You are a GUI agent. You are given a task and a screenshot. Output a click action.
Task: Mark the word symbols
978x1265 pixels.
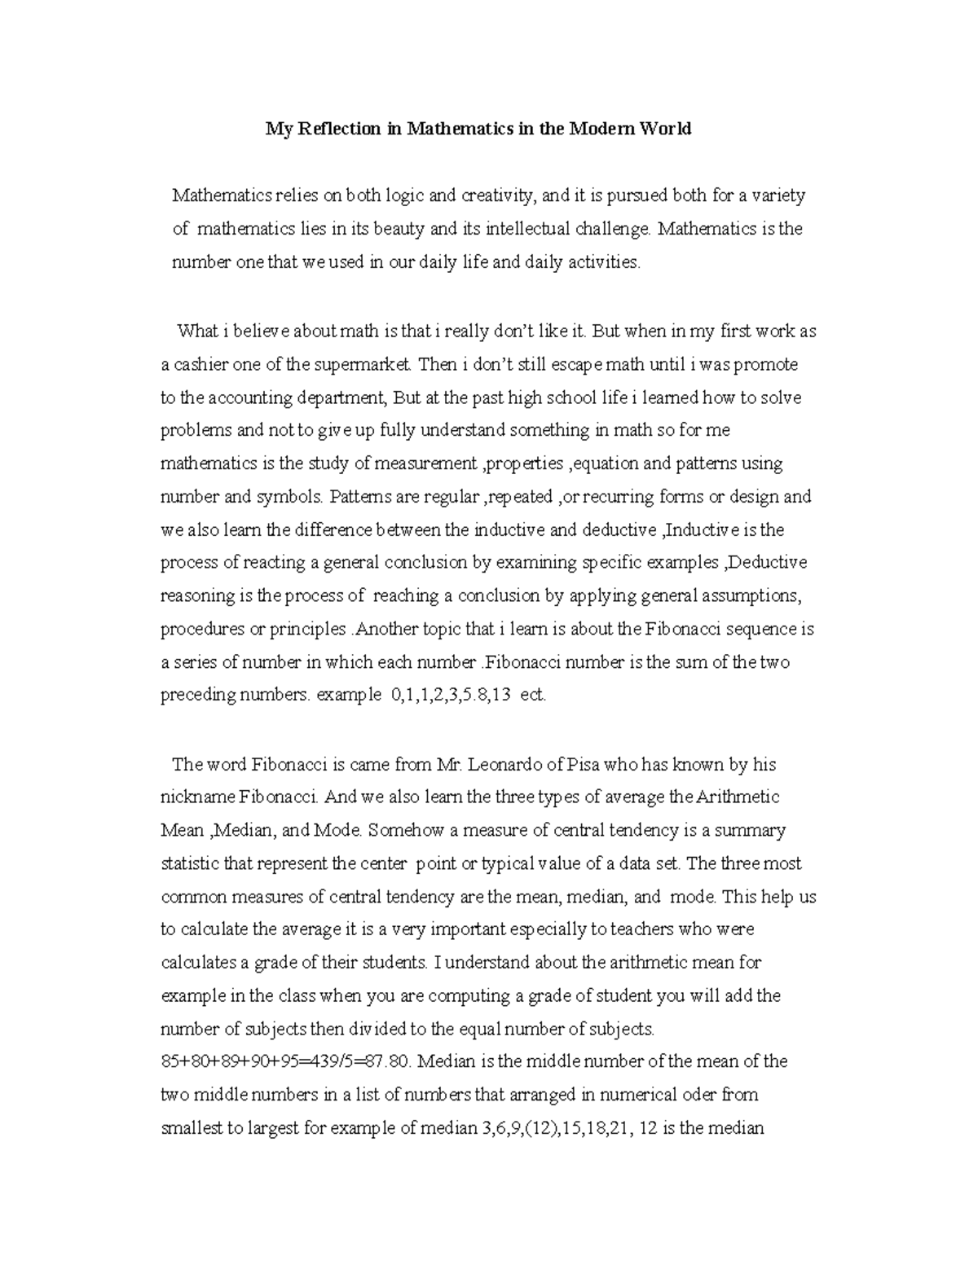tap(293, 497)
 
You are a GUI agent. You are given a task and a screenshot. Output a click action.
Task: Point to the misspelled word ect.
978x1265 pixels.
tap(532, 696)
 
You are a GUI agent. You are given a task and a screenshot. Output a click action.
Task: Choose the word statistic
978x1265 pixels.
tap(192, 863)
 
